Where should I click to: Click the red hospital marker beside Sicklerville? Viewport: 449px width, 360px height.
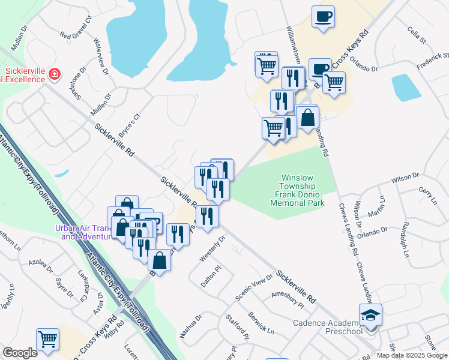pyautogui.click(x=55, y=74)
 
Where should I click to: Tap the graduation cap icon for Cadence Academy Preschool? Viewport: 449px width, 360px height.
pyautogui.click(x=370, y=315)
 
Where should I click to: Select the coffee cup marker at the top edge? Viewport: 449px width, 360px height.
pyautogui.click(x=323, y=17)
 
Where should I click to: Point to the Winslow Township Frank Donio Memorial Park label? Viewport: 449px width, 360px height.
pyautogui.click(x=297, y=190)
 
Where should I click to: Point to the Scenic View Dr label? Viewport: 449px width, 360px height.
pyautogui.click(x=254, y=288)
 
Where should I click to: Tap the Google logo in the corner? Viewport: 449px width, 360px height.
pyautogui.click(x=19, y=353)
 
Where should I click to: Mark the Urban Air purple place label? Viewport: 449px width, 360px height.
pyautogui.click(x=84, y=232)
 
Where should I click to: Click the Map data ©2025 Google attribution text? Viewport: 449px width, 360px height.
pyautogui.click(x=411, y=355)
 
